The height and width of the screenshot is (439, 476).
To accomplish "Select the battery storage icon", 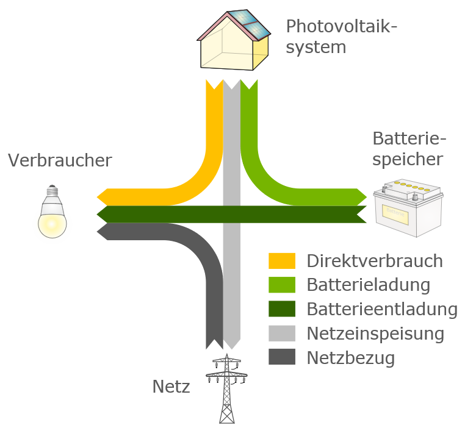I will [x=408, y=208].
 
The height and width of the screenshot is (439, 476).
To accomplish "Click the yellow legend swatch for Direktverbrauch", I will [x=282, y=261].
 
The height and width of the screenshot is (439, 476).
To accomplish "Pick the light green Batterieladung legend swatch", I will [x=282, y=285].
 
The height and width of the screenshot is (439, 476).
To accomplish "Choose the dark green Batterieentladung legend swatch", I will [x=282, y=309].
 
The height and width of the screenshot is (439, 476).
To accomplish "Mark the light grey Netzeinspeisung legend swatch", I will [x=282, y=334].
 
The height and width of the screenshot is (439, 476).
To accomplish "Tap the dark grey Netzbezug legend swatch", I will [x=282, y=357].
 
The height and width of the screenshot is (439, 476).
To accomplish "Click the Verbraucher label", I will [x=60, y=160].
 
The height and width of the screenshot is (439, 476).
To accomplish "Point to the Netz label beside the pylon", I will [x=171, y=387].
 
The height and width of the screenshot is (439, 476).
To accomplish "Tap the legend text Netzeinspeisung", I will [x=375, y=334].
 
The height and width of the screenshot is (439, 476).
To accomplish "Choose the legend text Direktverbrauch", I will [x=375, y=261].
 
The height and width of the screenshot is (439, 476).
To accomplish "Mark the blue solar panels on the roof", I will [x=250, y=23].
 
